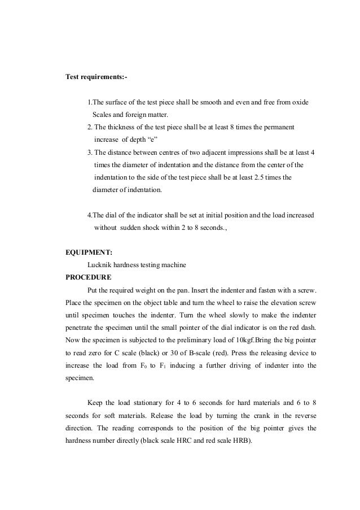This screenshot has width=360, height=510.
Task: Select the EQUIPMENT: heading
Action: (89, 252)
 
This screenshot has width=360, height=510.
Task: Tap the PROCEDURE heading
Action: (89, 277)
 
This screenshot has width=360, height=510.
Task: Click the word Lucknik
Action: (101, 265)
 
